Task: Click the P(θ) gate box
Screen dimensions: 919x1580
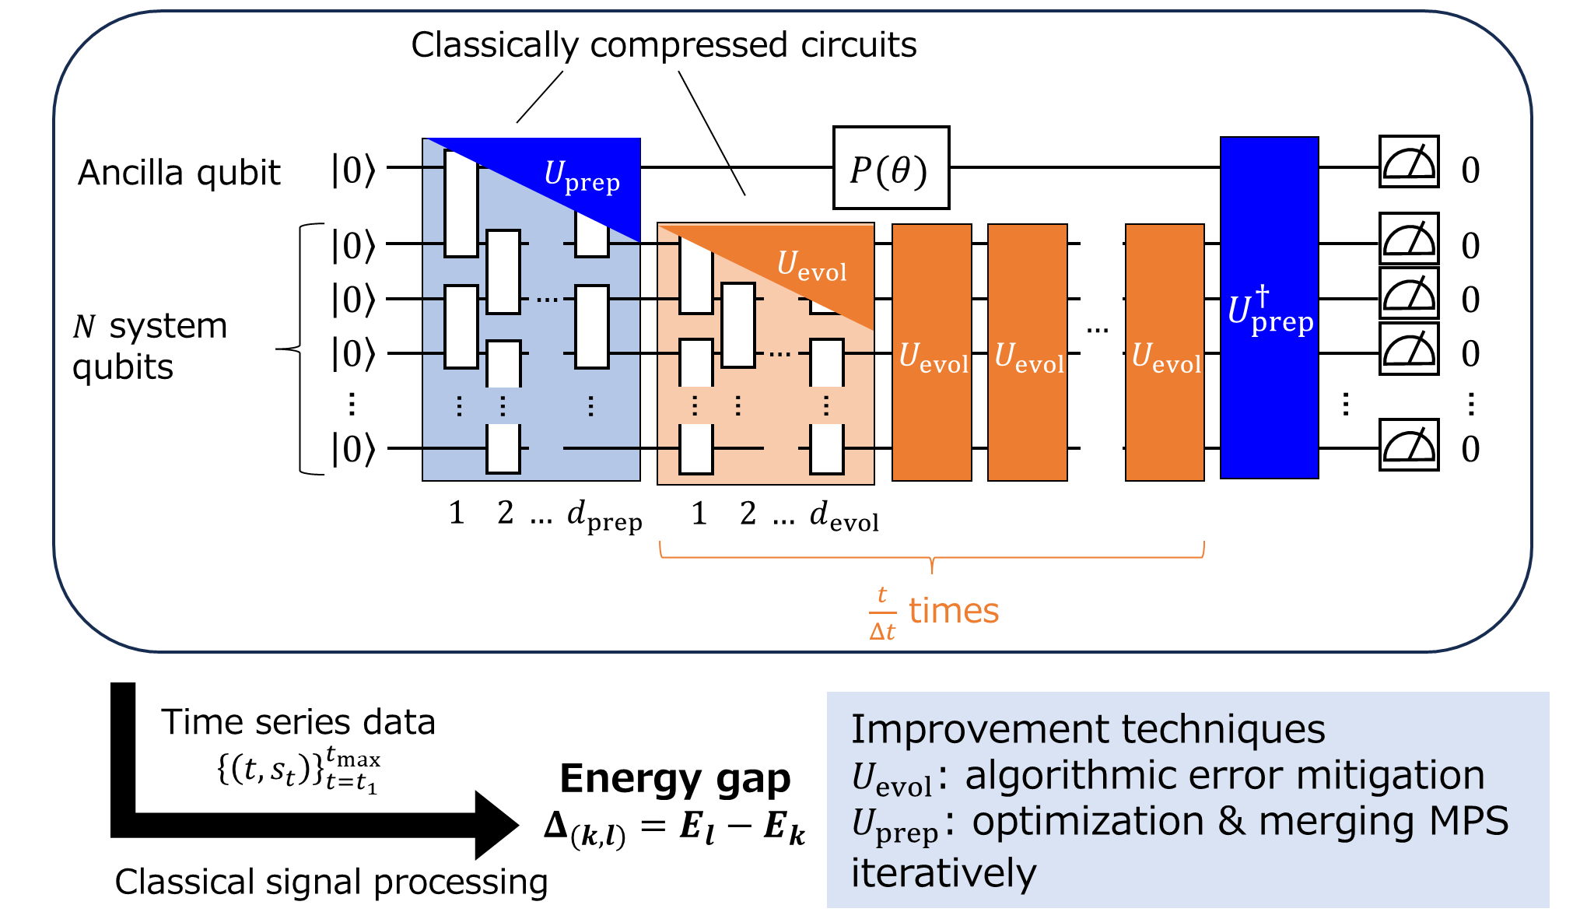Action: pos(891,168)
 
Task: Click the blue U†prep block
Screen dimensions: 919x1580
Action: pos(1269,308)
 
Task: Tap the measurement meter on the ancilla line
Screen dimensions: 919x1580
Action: pos(1408,162)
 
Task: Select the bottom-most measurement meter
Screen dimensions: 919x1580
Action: pos(1408,445)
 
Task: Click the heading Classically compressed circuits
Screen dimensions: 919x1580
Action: pos(664,45)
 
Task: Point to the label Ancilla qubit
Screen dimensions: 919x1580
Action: pos(179,172)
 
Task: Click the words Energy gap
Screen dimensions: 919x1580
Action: pos(674,778)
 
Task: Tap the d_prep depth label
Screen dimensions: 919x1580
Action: pos(604,516)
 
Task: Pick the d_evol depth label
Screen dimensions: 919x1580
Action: pos(844,516)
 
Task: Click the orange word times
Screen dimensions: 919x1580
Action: pos(954,611)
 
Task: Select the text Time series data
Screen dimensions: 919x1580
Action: pos(298,722)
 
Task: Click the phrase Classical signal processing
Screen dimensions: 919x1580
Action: pos(331,882)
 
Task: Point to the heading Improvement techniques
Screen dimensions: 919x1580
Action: pos(1088,729)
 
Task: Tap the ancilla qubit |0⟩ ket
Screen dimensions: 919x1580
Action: pos(353,170)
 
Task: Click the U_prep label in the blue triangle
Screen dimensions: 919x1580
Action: pos(582,177)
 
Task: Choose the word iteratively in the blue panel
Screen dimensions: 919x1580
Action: pos(944,872)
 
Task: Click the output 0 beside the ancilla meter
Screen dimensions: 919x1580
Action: pos(1470,170)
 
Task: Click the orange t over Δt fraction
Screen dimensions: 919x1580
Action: pos(882,613)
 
